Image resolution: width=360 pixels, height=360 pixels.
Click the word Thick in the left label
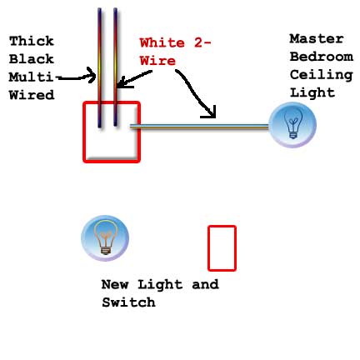pos(32,41)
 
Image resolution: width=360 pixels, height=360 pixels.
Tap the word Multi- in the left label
pos(33,77)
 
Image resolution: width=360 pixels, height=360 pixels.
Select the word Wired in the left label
pos(32,95)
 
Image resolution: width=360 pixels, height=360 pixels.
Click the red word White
pos(162,42)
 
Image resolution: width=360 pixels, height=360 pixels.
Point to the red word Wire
pos(157,61)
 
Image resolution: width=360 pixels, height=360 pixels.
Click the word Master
pos(317,38)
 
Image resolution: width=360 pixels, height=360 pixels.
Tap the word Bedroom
pos(322,57)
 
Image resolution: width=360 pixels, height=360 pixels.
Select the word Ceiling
pos(322,75)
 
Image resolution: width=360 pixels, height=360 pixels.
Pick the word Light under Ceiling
pos(312,92)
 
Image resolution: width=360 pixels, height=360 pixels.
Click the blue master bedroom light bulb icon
pos(292,125)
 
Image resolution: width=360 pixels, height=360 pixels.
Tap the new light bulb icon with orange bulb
pos(105,238)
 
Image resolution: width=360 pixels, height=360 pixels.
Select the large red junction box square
pos(83,132)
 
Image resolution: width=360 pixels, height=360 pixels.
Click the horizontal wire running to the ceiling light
pos(199,127)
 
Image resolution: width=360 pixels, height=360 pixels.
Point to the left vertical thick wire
pos(100,68)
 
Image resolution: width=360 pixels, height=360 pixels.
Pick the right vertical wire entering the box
pos(115,67)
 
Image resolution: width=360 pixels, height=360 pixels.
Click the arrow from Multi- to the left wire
pos(77,78)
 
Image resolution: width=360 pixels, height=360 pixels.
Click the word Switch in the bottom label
pos(128,302)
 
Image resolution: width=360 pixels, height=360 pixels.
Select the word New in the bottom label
pos(115,284)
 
